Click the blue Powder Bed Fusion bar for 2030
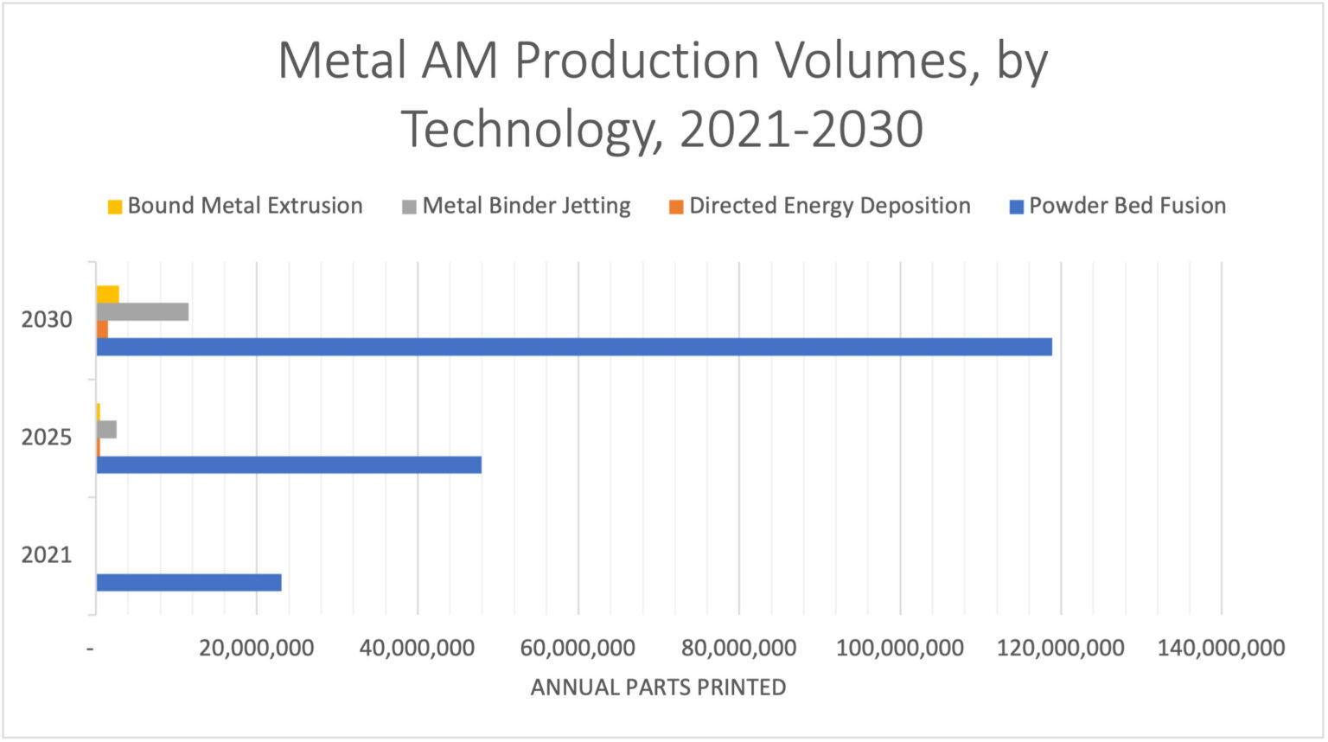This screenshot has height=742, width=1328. [x=574, y=347]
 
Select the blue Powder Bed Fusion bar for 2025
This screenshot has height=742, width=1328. [x=289, y=464]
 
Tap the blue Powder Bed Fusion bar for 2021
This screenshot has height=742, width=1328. [x=188, y=582]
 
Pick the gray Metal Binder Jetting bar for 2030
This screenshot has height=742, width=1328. [x=143, y=312]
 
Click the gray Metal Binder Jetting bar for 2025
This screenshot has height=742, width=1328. [x=106, y=430]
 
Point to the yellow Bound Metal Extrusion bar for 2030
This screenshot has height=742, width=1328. [x=107, y=294]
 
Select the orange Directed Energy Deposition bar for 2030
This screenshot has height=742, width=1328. [x=102, y=329]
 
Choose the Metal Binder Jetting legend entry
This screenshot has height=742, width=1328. [x=517, y=206]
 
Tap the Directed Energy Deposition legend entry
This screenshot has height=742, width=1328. [x=820, y=206]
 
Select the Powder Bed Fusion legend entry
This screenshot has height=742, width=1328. [x=1118, y=206]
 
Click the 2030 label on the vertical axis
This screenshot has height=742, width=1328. [x=47, y=320]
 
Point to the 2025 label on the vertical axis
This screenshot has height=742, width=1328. [x=47, y=438]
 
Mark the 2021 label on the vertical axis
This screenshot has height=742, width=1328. [x=47, y=555]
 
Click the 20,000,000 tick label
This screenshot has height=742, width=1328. [x=257, y=648]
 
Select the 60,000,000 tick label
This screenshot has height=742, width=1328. [x=578, y=648]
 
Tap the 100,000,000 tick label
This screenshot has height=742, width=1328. [x=900, y=648]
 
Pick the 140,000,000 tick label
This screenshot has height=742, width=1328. [x=1222, y=648]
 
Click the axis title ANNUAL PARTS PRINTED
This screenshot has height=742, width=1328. [x=658, y=688]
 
